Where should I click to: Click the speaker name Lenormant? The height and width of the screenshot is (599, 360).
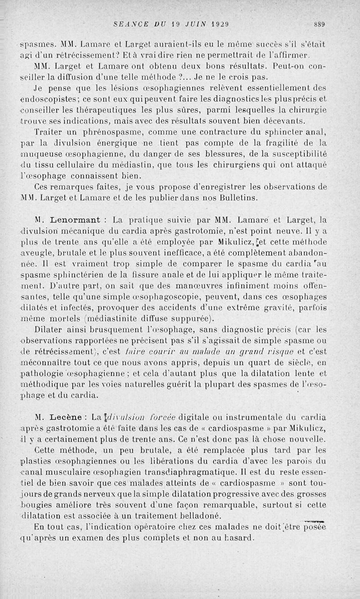pos(73,220)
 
